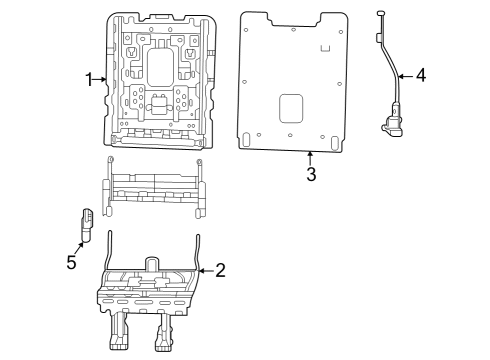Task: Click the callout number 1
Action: pyautogui.click(x=89, y=79)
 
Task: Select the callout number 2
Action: pyautogui.click(x=220, y=269)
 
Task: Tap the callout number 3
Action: pyautogui.click(x=311, y=175)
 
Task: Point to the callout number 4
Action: pyautogui.click(x=420, y=75)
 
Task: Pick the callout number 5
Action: pyautogui.click(x=71, y=262)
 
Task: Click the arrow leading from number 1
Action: pyautogui.click(x=101, y=79)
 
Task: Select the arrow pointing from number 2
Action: pyautogui.click(x=205, y=269)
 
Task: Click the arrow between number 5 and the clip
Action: pyautogui.click(x=78, y=247)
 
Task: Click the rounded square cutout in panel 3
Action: pyautogui.click(x=290, y=108)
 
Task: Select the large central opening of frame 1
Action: pyautogui.click(x=159, y=69)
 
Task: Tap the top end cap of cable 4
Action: pyautogui.click(x=380, y=13)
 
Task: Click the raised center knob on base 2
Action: pyautogui.click(x=151, y=264)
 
